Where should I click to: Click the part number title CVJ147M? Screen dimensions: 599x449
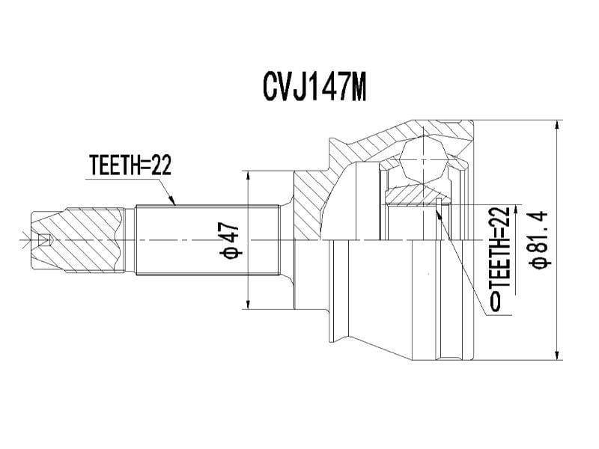tap(314, 87)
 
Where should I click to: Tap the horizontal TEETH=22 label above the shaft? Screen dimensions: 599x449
tap(130, 165)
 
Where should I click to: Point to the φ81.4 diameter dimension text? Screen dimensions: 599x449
tap(538, 239)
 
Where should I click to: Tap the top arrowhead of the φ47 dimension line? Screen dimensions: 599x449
tap(249, 176)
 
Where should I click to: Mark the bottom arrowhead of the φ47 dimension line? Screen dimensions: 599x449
tap(249, 303)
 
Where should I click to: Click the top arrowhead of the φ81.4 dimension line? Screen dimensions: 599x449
tap(558, 126)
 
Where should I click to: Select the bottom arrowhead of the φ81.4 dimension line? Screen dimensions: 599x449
tap(558, 355)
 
